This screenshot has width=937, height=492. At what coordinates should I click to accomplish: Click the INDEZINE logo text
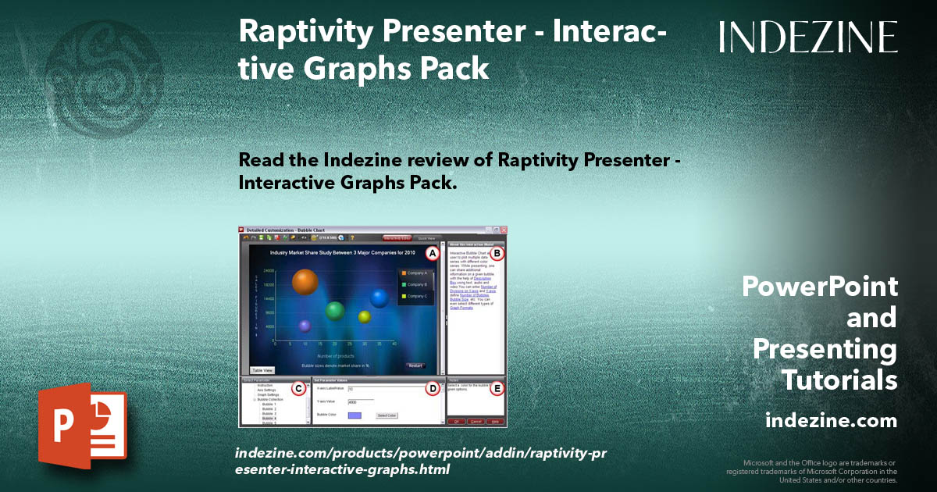(x=808, y=37)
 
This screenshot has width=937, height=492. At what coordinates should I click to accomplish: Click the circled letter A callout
(x=432, y=253)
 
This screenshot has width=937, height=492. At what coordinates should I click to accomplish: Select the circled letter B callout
(x=497, y=253)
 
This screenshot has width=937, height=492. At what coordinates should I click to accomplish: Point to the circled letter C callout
(x=297, y=388)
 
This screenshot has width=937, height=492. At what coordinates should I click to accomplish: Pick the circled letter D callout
(x=432, y=388)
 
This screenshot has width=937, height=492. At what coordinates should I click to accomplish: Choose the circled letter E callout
(x=497, y=388)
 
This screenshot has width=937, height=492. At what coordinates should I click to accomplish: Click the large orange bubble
(x=305, y=281)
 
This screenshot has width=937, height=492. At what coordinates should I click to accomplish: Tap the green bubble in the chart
(x=335, y=311)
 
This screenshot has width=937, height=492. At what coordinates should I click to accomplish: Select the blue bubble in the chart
(x=379, y=298)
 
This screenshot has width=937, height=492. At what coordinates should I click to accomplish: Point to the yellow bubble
(x=364, y=316)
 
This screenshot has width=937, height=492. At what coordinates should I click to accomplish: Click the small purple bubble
(x=305, y=326)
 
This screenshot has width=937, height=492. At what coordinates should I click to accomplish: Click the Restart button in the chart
(x=415, y=365)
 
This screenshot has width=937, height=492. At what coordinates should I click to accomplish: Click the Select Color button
(x=387, y=415)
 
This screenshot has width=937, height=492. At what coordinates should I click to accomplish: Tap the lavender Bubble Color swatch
(x=354, y=415)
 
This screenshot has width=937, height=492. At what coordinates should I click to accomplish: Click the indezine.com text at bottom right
(x=832, y=421)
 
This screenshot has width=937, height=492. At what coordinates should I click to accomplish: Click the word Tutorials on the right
(x=840, y=381)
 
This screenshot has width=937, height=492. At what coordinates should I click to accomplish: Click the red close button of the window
(x=504, y=230)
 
